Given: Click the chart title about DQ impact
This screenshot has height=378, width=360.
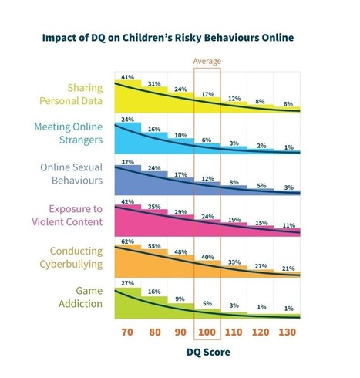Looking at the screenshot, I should pyautogui.click(x=179, y=35).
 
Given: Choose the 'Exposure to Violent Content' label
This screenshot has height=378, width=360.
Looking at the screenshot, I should pyautogui.click(x=76, y=216).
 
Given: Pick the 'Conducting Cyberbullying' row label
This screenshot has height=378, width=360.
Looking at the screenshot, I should pyautogui.click(x=76, y=257).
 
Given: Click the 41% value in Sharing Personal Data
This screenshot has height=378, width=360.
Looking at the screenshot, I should pyautogui.click(x=127, y=77).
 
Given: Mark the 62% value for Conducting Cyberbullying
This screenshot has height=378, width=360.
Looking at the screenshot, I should pyautogui.click(x=127, y=242).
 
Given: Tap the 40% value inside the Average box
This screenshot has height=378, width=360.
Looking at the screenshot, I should pyautogui.click(x=207, y=257).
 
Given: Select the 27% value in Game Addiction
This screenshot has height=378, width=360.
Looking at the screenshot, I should pyautogui.click(x=127, y=284).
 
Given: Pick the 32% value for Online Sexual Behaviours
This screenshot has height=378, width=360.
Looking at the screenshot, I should pyautogui.click(x=127, y=162).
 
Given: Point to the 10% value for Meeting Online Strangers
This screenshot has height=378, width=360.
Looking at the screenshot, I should pyautogui.click(x=181, y=136).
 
